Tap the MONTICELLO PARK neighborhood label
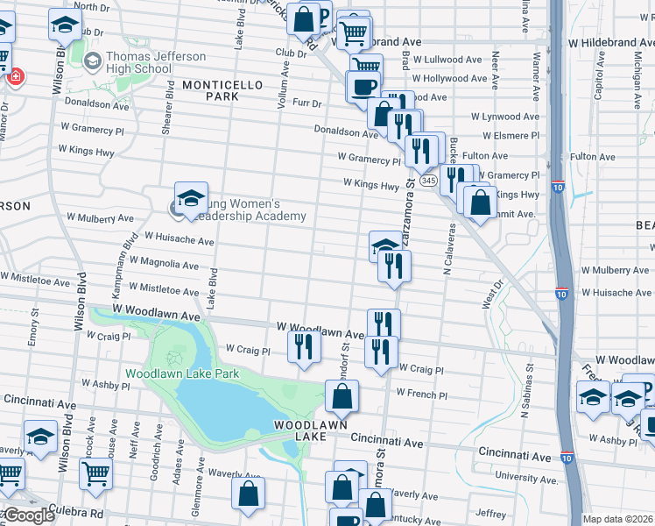click(210, 90)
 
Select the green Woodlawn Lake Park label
click(181, 373)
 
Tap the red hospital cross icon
click(15, 77)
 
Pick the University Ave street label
click(526, 479)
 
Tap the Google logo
click(28, 515)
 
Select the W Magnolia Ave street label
click(166, 264)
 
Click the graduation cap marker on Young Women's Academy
click(190, 199)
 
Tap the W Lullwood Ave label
click(447, 60)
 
